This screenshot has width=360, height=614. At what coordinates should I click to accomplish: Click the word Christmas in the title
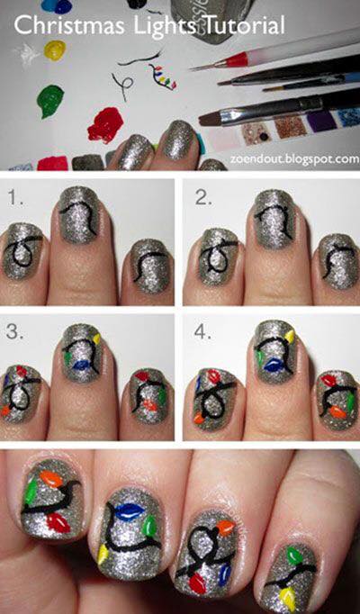coord(69,25)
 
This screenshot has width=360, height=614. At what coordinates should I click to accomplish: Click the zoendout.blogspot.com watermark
coord(294,159)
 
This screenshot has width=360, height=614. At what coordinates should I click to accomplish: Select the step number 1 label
coord(15,198)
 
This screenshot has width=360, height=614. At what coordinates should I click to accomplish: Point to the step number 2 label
coord(203,198)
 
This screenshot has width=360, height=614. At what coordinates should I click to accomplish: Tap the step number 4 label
coord(203,332)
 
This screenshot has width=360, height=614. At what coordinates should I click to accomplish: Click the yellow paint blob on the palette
coord(54,50)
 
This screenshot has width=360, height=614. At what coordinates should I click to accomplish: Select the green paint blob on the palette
coord(49,101)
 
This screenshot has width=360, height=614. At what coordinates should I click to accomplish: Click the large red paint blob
coord(105,124)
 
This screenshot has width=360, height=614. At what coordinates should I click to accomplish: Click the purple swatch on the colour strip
coord(321,121)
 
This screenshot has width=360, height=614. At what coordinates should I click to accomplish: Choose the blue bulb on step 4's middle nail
coord(274,366)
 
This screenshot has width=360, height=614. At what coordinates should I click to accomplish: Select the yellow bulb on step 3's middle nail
coord(96,339)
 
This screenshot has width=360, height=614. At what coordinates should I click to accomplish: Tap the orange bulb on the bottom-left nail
coord(51,479)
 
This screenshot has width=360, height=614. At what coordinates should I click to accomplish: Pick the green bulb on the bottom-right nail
coord(294,555)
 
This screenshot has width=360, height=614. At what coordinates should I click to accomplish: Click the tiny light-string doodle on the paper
coord(162,76)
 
